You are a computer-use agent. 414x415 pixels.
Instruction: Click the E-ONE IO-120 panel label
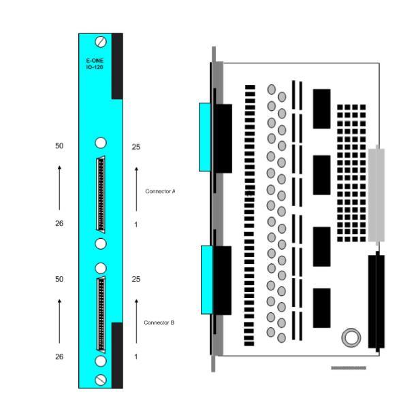pos(95,64)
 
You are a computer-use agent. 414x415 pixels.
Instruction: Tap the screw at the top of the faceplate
pos(101,41)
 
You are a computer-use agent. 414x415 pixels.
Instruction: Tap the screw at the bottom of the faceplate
pos(101,380)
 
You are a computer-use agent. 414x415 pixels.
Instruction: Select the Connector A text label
pos(160,191)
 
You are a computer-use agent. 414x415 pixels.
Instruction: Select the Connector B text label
pos(159,322)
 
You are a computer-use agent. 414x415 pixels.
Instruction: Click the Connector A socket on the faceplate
pos(101,195)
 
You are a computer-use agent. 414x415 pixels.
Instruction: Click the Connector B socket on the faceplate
pos(101,314)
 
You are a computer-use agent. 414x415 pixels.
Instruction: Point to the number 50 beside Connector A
pos(59,146)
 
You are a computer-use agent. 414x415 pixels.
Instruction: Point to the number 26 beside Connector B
pos(59,356)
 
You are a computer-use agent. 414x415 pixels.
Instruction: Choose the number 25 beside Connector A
pos(136,147)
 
